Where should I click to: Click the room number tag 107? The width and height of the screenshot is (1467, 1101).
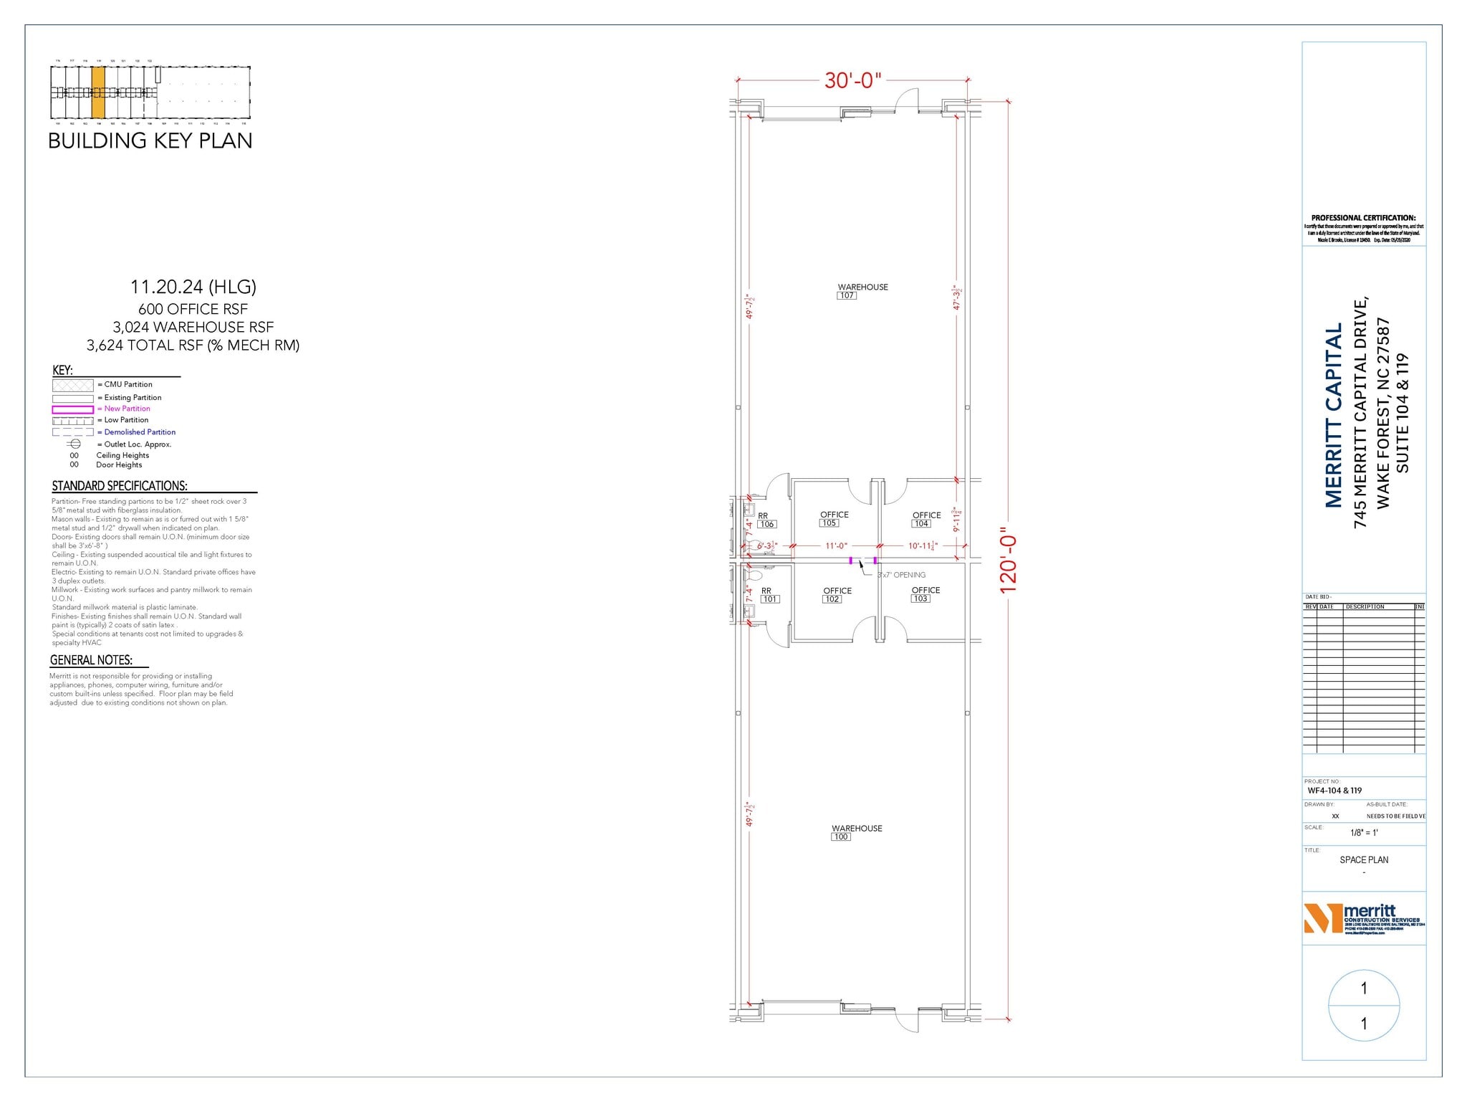pyautogui.click(x=846, y=295)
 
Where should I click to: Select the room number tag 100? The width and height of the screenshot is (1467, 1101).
pyautogui.click(x=840, y=837)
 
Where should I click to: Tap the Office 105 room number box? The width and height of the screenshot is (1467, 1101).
pyautogui.click(x=829, y=523)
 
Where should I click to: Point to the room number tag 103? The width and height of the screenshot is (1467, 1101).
pyautogui.click(x=920, y=599)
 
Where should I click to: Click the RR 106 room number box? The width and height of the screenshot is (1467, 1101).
pyautogui.click(x=766, y=524)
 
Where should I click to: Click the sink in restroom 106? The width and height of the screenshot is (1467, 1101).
pyautogui.click(x=749, y=510)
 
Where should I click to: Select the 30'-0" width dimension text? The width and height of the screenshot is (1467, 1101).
pyautogui.click(x=852, y=80)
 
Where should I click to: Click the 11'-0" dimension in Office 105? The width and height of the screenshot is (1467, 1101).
pyautogui.click(x=836, y=546)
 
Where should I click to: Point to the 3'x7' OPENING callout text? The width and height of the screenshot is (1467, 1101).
pyautogui.click(x=902, y=575)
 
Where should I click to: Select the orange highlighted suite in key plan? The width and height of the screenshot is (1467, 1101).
pyautogui.click(x=98, y=92)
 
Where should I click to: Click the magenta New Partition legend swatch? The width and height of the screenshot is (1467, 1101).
pyautogui.click(x=72, y=409)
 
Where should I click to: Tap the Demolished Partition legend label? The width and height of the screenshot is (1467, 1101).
pyautogui.click(x=140, y=432)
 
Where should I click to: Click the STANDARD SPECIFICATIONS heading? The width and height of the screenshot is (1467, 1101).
pyautogui.click(x=120, y=486)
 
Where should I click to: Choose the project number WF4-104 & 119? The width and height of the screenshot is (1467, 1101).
pyautogui.click(x=1334, y=791)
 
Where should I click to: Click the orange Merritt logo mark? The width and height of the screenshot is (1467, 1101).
pyautogui.click(x=1322, y=918)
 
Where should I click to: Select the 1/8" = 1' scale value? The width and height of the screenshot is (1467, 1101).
pyautogui.click(x=1364, y=833)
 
